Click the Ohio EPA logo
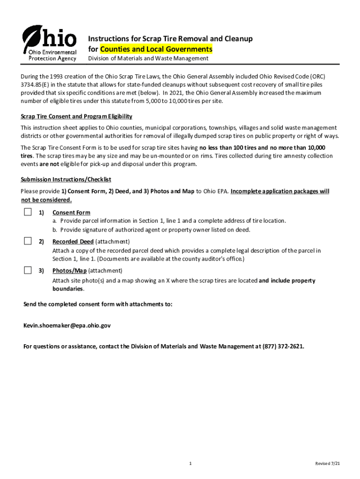(x=49, y=43)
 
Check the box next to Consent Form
(x=28, y=212)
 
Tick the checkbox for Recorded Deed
(x=28, y=241)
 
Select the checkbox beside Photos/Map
(x=28, y=270)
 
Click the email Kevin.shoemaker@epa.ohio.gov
(x=67, y=326)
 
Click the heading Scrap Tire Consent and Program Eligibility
(x=76, y=116)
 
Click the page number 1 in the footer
(x=190, y=464)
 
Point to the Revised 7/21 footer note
(x=327, y=464)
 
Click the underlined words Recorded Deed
(x=73, y=241)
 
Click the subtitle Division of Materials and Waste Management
(x=148, y=58)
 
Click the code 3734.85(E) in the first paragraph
(x=38, y=85)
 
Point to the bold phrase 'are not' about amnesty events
(x=47, y=164)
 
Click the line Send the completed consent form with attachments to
(x=98, y=305)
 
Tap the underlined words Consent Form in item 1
(x=71, y=213)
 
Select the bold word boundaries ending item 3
(x=68, y=289)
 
